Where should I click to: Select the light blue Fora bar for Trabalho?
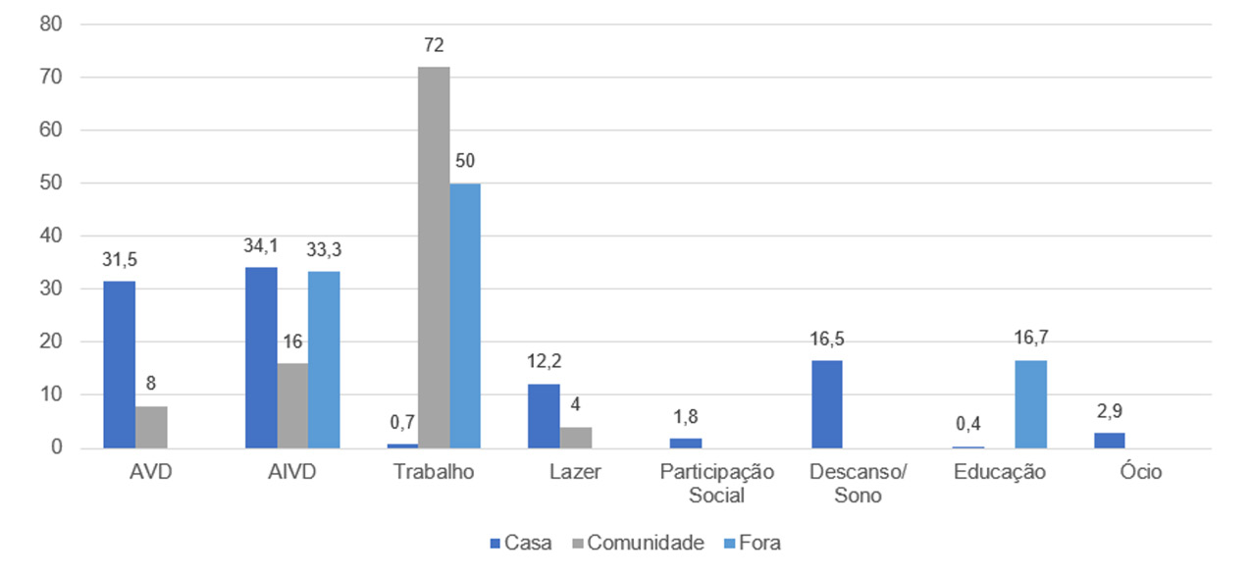[465, 315]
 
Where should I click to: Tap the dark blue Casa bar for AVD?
[119, 364]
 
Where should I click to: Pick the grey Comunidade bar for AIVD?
[292, 405]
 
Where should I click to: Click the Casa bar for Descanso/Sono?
[826, 403]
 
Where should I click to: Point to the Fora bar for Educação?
[1031, 403]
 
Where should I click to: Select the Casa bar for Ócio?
[1110, 440]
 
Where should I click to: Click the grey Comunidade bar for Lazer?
[576, 437]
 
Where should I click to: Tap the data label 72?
[434, 45]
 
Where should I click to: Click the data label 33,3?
[324, 249]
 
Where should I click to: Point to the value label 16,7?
[1031, 339]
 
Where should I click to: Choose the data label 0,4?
[967, 425]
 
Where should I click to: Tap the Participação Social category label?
[717, 483]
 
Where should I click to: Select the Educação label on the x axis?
[1000, 472]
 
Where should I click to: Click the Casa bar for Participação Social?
[685, 443]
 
